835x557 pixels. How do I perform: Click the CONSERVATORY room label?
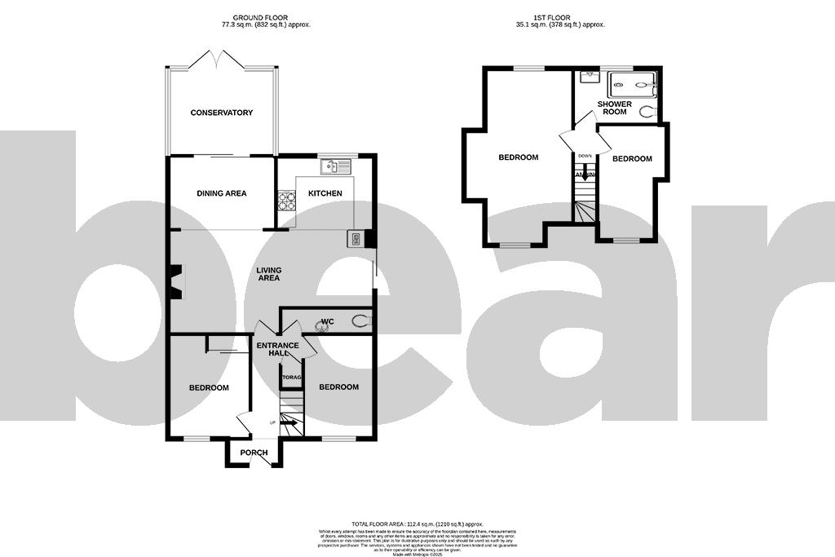tap(221, 113)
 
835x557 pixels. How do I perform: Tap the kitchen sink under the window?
tap(334, 166)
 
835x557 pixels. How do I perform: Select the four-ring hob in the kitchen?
tap(286, 200)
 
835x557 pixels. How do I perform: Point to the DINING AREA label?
tap(221, 193)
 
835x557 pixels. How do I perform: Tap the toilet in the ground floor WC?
tap(360, 321)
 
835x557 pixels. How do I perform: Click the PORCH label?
tap(254, 453)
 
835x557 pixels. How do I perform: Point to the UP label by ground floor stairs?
tap(272, 422)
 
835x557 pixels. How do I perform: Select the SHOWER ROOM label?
tap(615, 108)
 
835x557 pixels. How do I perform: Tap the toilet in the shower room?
tap(648, 112)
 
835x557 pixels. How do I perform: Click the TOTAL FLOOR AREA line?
tap(417, 524)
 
